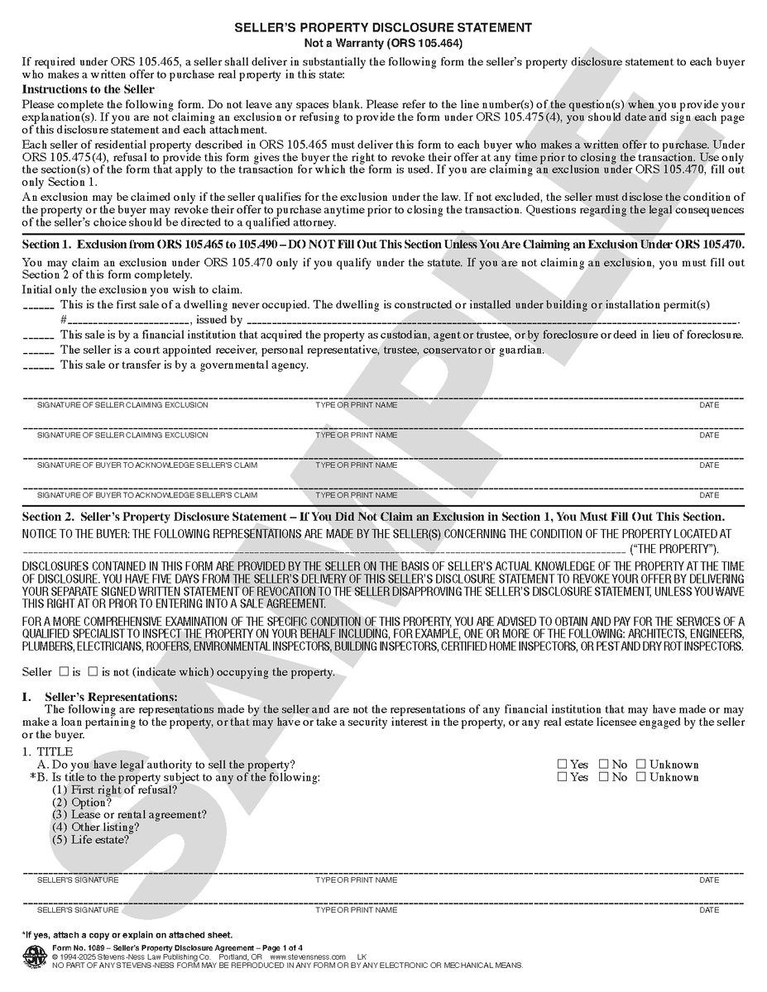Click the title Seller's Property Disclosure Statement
pos(383,28)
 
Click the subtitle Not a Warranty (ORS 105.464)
pos(383,43)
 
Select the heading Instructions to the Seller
pos(88,89)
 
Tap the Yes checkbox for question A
pos(563,765)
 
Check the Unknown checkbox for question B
pos(641,777)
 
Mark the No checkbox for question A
pos(604,765)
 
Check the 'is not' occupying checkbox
pos(93,671)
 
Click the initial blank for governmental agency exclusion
pos(38,367)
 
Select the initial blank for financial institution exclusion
pos(38,337)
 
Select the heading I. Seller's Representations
pos(99,697)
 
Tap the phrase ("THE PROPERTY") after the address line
pos(674,550)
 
